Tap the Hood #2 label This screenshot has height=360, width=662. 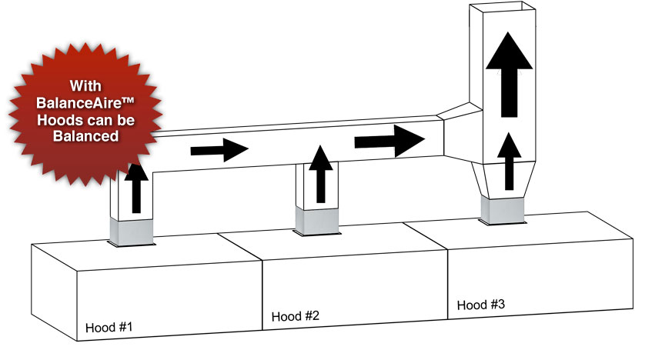pos(296,316)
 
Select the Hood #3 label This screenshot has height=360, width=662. pos(481,305)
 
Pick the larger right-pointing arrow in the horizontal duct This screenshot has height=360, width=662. pos(390,139)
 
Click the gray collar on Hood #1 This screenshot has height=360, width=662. pos(134,228)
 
